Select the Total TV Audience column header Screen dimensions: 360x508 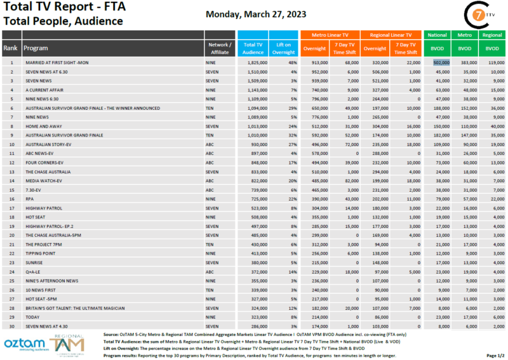(x=253, y=48)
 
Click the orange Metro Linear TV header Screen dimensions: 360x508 (x=330, y=35)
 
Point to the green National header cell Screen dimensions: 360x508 (x=437, y=35)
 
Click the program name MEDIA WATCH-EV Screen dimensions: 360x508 (x=44, y=180)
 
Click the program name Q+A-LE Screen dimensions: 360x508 (x=32, y=271)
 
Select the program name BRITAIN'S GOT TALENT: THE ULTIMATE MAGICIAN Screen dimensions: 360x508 (x=72, y=307)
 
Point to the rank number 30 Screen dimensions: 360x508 (x=11, y=326)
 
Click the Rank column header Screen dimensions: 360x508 (x=11, y=48)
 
